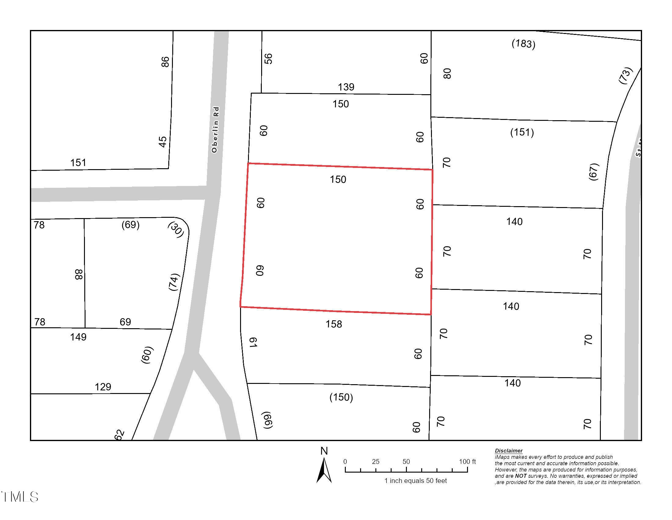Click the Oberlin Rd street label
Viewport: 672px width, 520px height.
click(x=215, y=130)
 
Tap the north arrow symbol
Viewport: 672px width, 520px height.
click(x=324, y=470)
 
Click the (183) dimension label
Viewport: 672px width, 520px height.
click(x=523, y=43)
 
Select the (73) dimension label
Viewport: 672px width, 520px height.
click(x=626, y=76)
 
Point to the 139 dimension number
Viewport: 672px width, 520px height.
click(x=346, y=87)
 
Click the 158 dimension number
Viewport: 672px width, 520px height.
click(x=334, y=324)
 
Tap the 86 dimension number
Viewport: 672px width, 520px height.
click(x=165, y=61)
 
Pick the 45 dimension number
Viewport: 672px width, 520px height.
click(x=163, y=142)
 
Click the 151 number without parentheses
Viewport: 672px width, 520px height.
click(x=78, y=163)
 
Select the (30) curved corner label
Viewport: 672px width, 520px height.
click(x=176, y=230)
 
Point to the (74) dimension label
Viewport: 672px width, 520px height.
click(x=173, y=281)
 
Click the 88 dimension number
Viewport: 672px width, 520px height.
click(x=79, y=274)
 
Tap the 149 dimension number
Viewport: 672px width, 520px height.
click(x=78, y=337)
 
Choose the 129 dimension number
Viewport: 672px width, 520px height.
click(x=103, y=387)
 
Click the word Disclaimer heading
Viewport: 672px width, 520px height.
click(x=509, y=451)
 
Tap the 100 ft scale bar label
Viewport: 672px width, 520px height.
click(x=467, y=462)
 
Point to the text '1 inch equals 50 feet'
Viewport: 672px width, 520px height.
click(x=415, y=481)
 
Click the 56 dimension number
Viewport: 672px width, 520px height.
click(x=268, y=58)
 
